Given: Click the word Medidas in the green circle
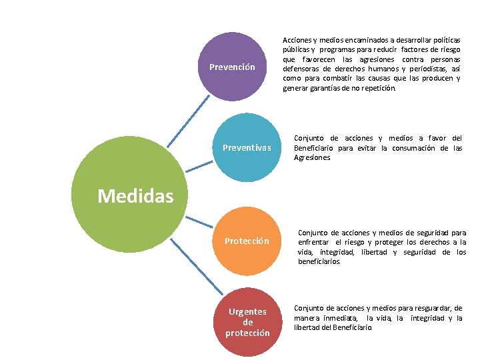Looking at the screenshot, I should coord(135,196).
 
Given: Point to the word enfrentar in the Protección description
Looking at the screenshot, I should coord(314,242).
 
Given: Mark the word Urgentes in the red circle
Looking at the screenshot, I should coord(247,311).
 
